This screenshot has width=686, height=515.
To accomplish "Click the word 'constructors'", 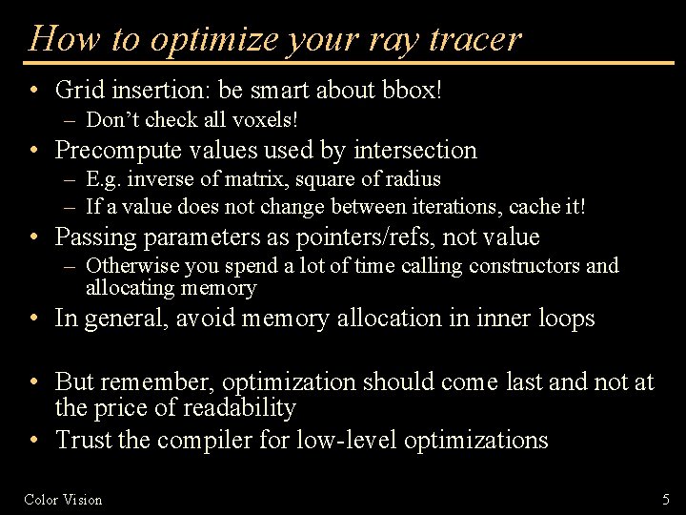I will tap(525, 266).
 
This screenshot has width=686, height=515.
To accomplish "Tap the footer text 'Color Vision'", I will tap(63, 499).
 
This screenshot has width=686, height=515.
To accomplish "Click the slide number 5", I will tap(666, 499).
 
